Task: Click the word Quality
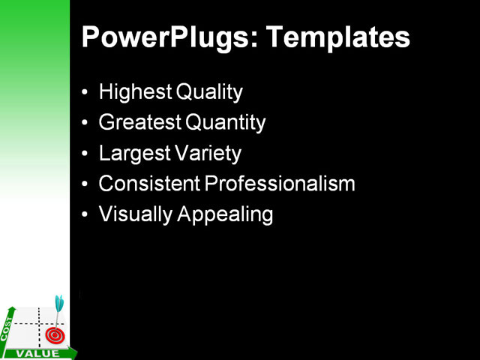point(208,92)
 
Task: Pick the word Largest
point(132,154)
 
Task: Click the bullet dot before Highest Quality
point(85,93)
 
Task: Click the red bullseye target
point(53,334)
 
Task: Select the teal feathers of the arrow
point(58,302)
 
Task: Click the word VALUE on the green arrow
point(33,353)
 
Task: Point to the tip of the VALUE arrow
point(75,351)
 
